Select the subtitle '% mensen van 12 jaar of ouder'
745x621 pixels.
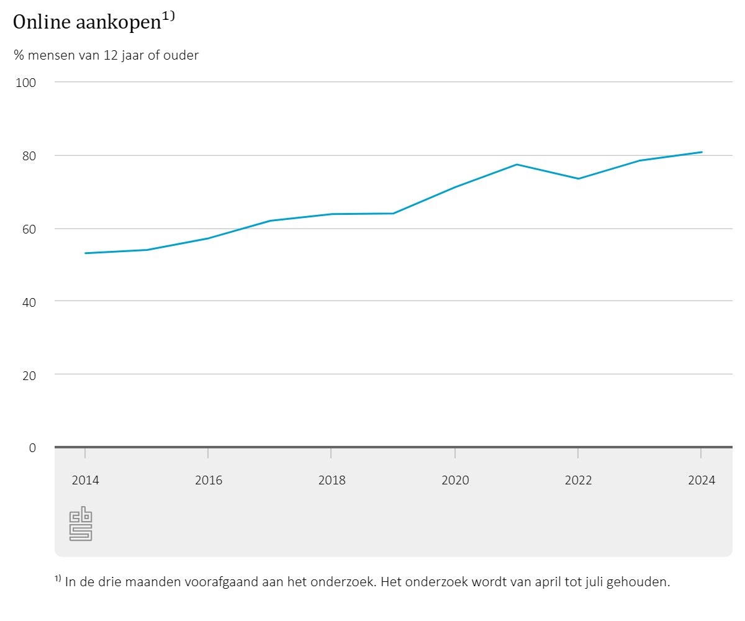coord(106,55)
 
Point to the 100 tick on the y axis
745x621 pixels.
coord(30,83)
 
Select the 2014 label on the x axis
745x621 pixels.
coord(85,480)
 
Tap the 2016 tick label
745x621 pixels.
coord(208,480)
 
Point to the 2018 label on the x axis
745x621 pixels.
coord(332,480)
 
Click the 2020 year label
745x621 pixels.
coord(455,480)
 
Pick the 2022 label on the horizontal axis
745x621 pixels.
coord(578,480)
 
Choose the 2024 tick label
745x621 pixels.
coord(702,480)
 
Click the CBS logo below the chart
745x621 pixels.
coord(81,524)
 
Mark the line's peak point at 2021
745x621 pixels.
coord(517,165)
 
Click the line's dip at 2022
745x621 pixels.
coord(578,179)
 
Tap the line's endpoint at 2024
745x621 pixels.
coord(702,152)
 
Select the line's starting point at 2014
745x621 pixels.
coord(85,253)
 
